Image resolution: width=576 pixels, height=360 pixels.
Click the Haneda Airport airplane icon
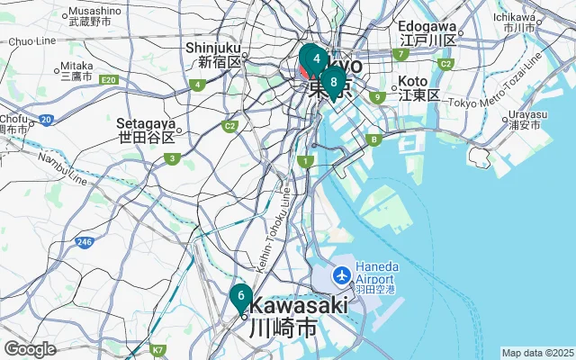click(342, 274)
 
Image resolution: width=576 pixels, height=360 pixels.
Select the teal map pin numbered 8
click(333, 84)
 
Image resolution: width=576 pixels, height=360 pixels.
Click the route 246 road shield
click(85, 242)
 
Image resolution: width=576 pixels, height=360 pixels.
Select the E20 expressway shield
click(109, 81)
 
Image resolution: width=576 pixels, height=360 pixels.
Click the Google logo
click(30, 349)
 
